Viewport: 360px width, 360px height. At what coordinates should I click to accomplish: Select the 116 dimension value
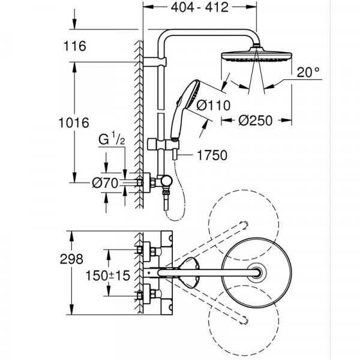click(x=75, y=46)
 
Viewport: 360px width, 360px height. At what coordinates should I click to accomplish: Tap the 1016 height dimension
click(x=75, y=122)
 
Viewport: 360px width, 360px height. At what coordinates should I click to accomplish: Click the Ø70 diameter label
click(x=105, y=183)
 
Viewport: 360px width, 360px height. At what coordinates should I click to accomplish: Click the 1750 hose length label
click(x=211, y=155)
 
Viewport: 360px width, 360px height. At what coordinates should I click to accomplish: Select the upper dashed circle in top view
click(x=242, y=218)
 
